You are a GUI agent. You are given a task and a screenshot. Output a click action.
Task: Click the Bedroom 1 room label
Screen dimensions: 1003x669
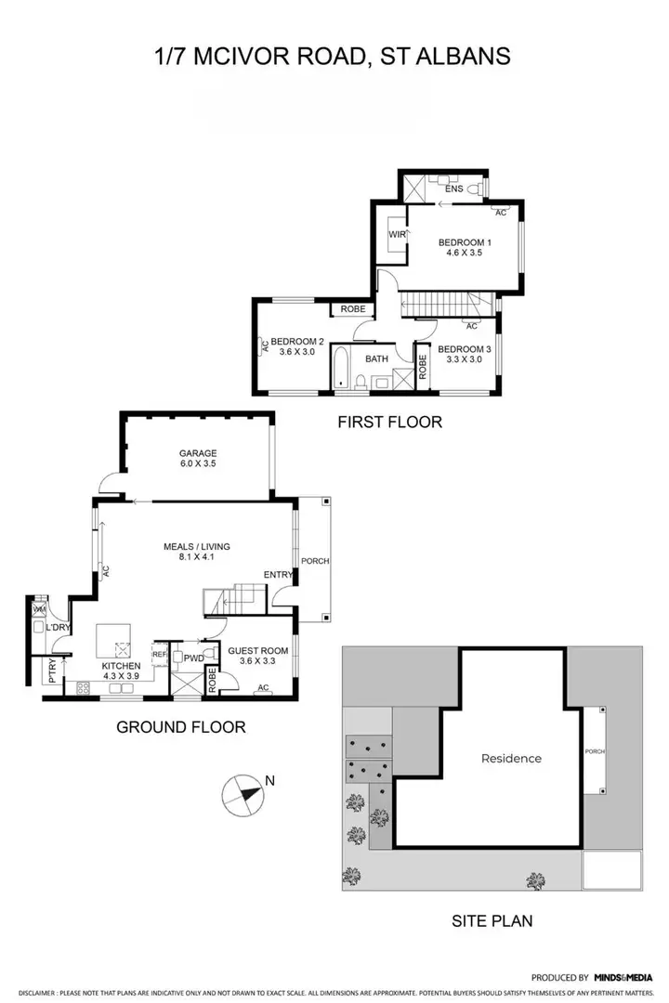[465, 243]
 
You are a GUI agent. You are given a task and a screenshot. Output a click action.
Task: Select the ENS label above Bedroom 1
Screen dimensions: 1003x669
[453, 189]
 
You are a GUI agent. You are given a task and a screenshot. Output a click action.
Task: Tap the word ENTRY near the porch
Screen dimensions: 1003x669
[277, 575]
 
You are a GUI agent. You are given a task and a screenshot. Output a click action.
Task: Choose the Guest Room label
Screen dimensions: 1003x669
[263, 651]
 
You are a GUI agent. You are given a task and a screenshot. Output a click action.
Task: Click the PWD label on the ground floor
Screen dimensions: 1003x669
[193, 658]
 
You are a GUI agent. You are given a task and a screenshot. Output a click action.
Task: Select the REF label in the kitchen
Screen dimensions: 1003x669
[159, 655]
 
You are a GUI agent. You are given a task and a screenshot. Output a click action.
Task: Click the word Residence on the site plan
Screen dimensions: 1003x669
[511, 758]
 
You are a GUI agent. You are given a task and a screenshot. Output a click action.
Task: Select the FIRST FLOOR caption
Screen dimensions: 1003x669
[389, 423]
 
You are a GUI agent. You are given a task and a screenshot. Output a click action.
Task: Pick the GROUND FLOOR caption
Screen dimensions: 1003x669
[180, 727]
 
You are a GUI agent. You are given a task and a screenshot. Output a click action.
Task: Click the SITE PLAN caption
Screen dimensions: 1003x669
[492, 921]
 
